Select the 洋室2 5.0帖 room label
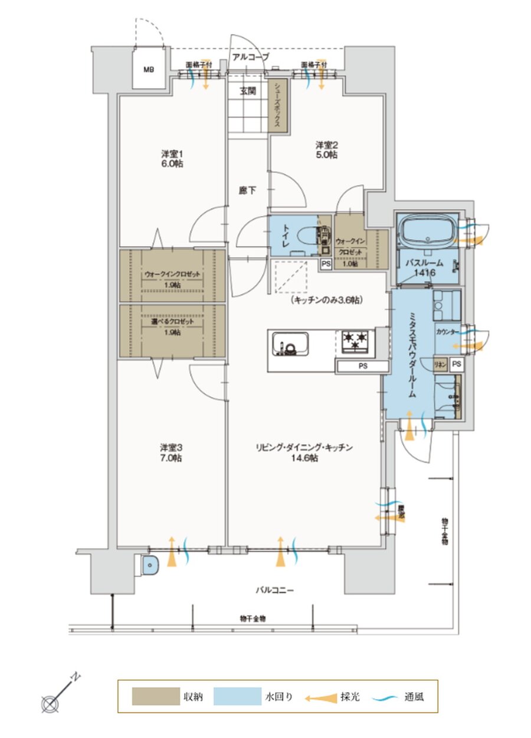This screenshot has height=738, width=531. click(325, 149)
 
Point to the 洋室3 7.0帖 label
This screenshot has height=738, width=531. click(169, 452)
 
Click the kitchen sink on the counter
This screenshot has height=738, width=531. click(289, 344)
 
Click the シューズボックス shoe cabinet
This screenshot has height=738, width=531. click(277, 106)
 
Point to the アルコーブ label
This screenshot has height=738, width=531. click(251, 57)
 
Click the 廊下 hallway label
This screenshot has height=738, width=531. click(247, 190)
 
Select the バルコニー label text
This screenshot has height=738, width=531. click(274, 589)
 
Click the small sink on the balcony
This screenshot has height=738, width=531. click(151, 565)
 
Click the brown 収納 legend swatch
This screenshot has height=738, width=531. click(155, 697)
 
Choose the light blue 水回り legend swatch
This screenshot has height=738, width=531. click(237, 697)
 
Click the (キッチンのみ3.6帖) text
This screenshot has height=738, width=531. click(326, 300)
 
